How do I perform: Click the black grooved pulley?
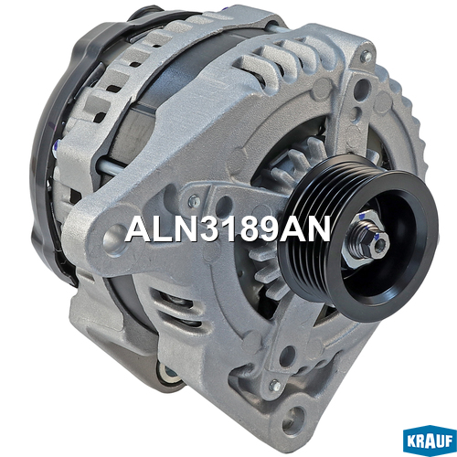tap(359, 239)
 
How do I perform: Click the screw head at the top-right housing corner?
tap(366, 56)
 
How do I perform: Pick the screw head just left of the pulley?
tap(194, 200)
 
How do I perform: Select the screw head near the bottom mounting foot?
tap(275, 386)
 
